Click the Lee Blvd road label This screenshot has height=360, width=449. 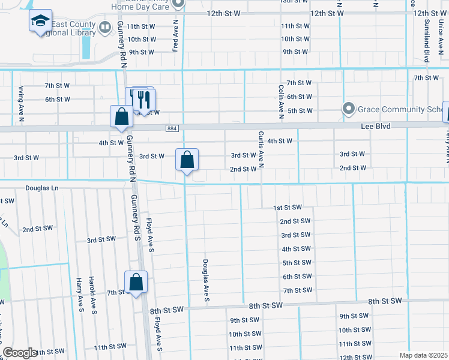click(x=376, y=127)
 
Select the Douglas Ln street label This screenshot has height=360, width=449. click(x=42, y=188)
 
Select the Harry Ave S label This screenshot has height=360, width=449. click(x=79, y=295)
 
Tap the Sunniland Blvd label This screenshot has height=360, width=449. click(x=427, y=40)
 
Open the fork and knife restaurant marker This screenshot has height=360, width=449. click(x=143, y=98)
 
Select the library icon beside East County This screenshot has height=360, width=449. click(x=105, y=27)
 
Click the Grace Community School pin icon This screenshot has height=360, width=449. click(x=348, y=109)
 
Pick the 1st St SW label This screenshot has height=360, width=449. click(x=287, y=207)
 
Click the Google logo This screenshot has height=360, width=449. click(x=20, y=353)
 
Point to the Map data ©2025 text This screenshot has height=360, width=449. click(x=423, y=355)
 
